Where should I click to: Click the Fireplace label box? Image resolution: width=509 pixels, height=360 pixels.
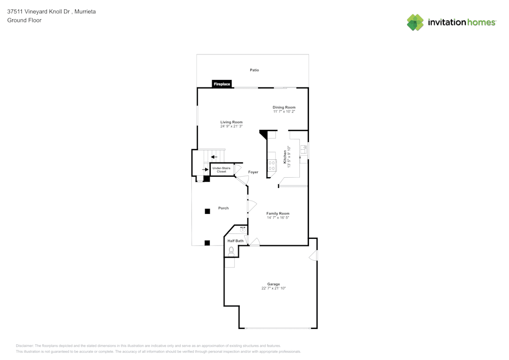pos(222,84)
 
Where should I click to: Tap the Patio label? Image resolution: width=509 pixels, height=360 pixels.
pos(254,70)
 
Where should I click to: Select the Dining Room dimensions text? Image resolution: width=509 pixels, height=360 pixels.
pos(284,112)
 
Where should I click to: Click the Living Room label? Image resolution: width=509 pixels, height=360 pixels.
pos(231,122)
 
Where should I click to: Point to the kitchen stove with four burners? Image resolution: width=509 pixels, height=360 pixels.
pos(272,165)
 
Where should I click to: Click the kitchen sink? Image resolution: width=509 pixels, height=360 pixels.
pos(303,149)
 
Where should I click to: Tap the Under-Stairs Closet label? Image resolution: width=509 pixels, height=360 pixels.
pos(221,170)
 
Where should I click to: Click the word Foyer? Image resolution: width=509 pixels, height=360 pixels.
pos(253,172)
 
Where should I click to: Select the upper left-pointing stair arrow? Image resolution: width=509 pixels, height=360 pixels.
pos(214,157)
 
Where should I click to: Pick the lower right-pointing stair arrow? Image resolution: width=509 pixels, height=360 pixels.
pos(205,169)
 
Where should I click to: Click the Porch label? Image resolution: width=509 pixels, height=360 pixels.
pos(223,208)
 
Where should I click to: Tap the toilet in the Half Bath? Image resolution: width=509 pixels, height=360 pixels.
pos(231,251)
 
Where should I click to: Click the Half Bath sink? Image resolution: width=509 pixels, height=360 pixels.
pos(243,230)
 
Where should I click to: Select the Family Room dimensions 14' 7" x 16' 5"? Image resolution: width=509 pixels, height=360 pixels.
pos(278,217)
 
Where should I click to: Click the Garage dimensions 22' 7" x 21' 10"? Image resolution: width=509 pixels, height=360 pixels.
pos(274,288)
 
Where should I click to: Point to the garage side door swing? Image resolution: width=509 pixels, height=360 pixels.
pos(314,256)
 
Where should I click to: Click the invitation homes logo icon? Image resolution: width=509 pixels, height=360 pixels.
pos(415,22)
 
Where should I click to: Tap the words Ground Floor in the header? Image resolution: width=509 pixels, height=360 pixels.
pos(24,20)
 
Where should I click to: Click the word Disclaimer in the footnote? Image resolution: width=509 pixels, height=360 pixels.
pos(25,345)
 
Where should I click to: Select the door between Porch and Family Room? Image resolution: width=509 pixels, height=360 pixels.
pos(251,206)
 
